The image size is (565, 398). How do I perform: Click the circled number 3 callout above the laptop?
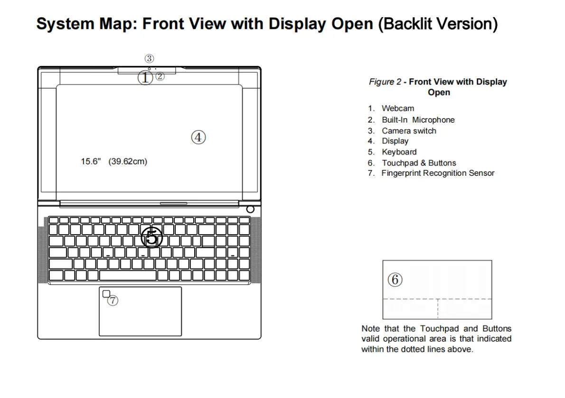(150, 59)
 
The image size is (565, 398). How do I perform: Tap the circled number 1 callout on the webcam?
(145, 77)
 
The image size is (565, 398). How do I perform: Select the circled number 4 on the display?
(198, 138)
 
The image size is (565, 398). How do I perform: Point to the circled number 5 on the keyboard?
(151, 237)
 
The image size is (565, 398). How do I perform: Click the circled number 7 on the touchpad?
(113, 300)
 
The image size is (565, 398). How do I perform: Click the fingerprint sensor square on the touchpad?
(106, 294)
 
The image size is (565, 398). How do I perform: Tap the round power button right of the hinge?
(250, 209)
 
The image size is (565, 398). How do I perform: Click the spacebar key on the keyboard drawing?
(128, 275)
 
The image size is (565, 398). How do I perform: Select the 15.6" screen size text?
(91, 161)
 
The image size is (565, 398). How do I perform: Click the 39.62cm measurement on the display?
(128, 161)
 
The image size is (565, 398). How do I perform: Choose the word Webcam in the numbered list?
(398, 108)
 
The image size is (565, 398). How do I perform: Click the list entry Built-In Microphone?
(418, 120)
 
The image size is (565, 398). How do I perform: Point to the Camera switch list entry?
(409, 131)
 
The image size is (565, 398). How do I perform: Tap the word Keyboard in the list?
(399, 152)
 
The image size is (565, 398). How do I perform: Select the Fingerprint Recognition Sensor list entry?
(438, 173)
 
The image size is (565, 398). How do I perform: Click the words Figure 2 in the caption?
(385, 82)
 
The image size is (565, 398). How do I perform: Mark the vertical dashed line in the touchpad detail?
(438, 309)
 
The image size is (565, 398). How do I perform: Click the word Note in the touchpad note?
(370, 329)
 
